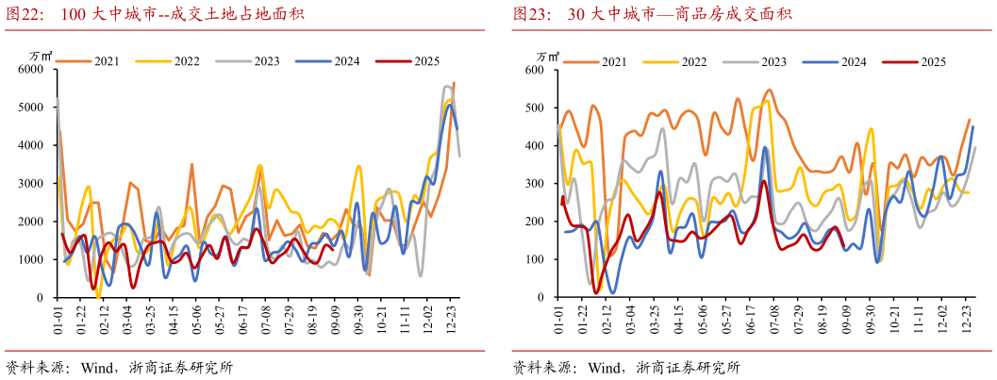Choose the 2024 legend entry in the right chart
coord(853,62)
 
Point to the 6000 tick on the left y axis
coord(31,70)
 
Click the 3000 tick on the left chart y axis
coord(31,184)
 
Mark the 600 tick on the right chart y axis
coord(535,70)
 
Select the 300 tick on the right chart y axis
coord(535,184)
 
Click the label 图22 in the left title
coord(25,14)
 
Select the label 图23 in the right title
coord(530,14)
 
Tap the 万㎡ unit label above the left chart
coord(33,56)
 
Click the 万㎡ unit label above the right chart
coord(536,56)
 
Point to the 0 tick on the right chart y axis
coord(540,297)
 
